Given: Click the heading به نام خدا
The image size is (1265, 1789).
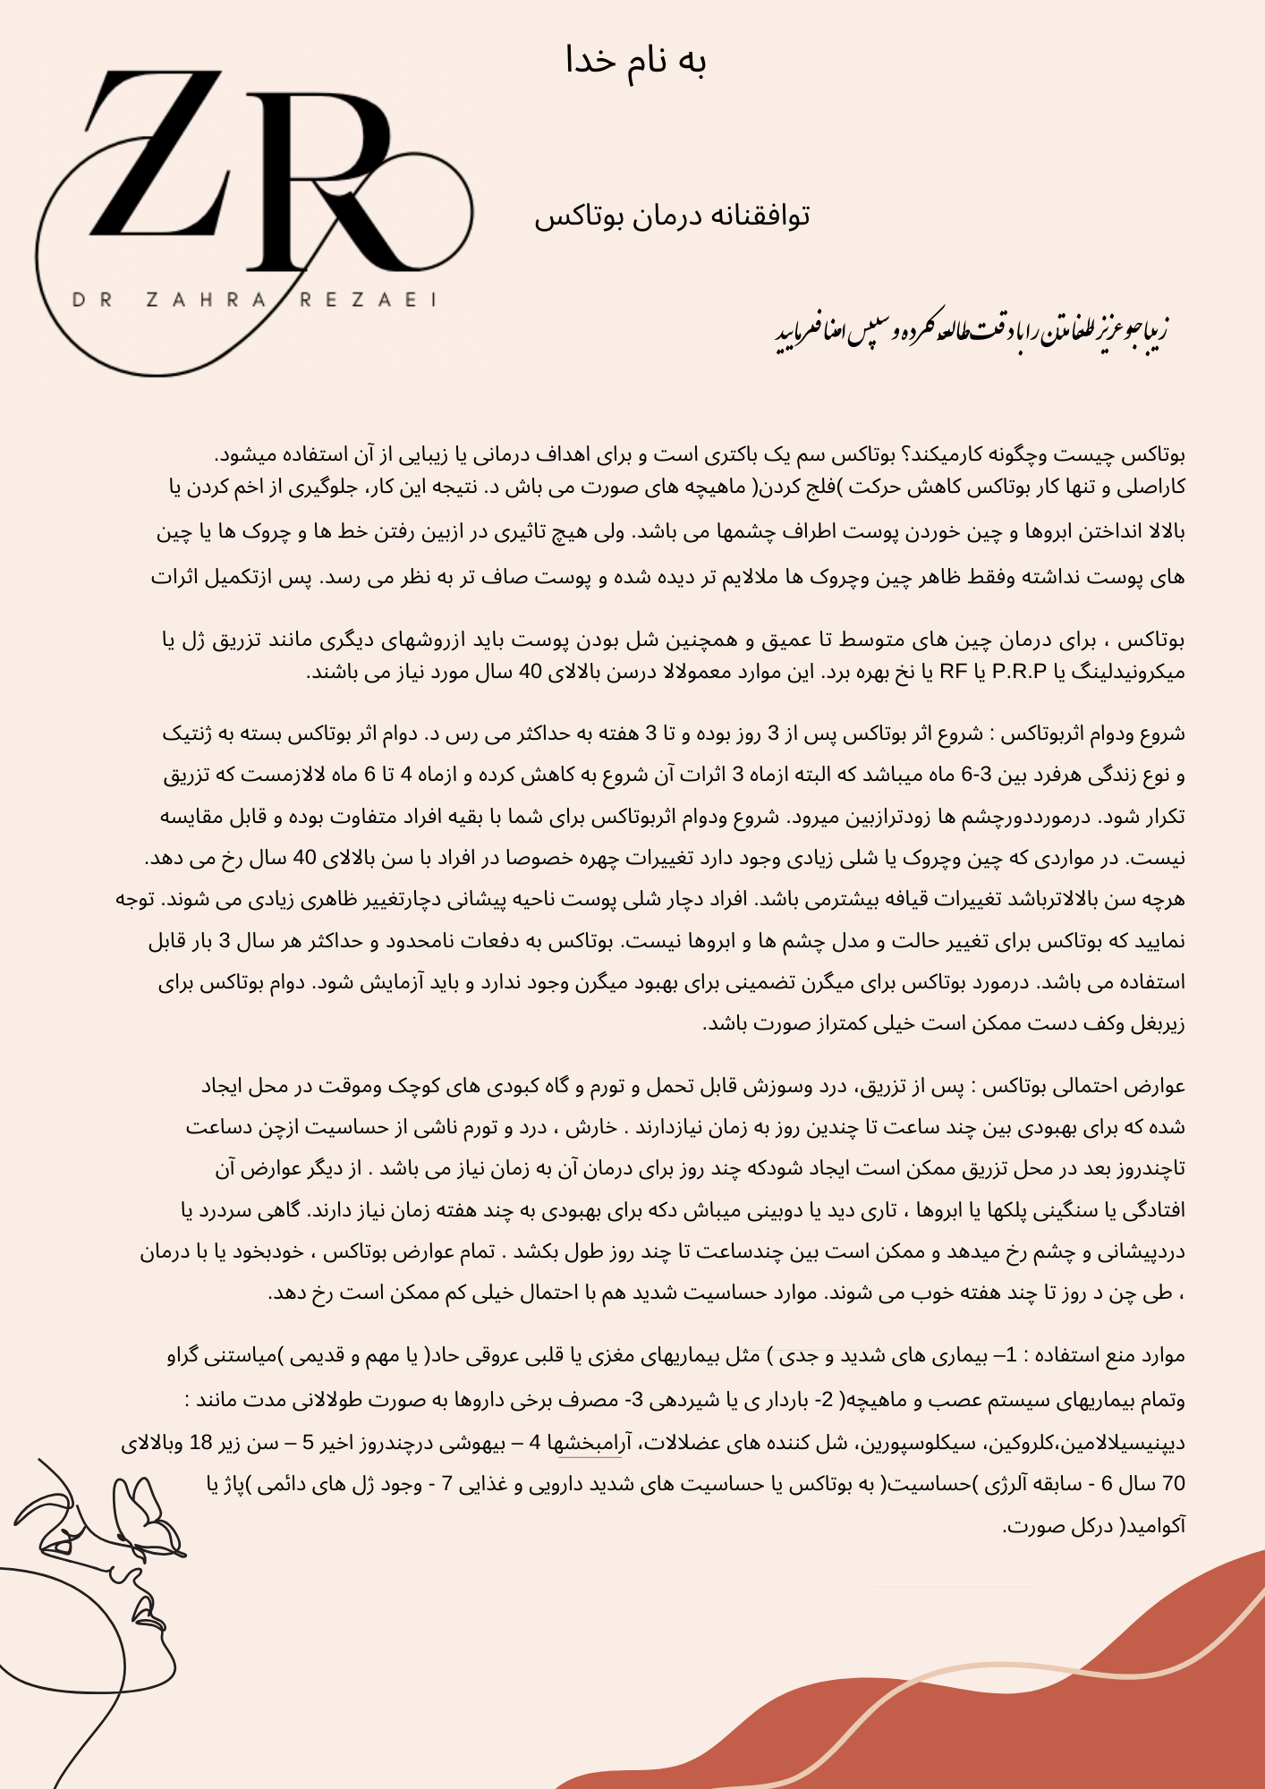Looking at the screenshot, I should pos(636,61).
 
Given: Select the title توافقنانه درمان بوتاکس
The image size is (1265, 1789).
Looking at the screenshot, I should pos(672,216).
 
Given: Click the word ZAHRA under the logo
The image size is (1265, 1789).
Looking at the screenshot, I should pos(206,301).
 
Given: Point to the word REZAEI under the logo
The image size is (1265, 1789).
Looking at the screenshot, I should pos(368,301).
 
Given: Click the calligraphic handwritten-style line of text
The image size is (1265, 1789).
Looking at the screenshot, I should pos(972,330).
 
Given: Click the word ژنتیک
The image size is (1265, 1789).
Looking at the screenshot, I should pos(189,734).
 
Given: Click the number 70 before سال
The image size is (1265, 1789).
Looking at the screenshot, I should pos(1173,1484).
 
